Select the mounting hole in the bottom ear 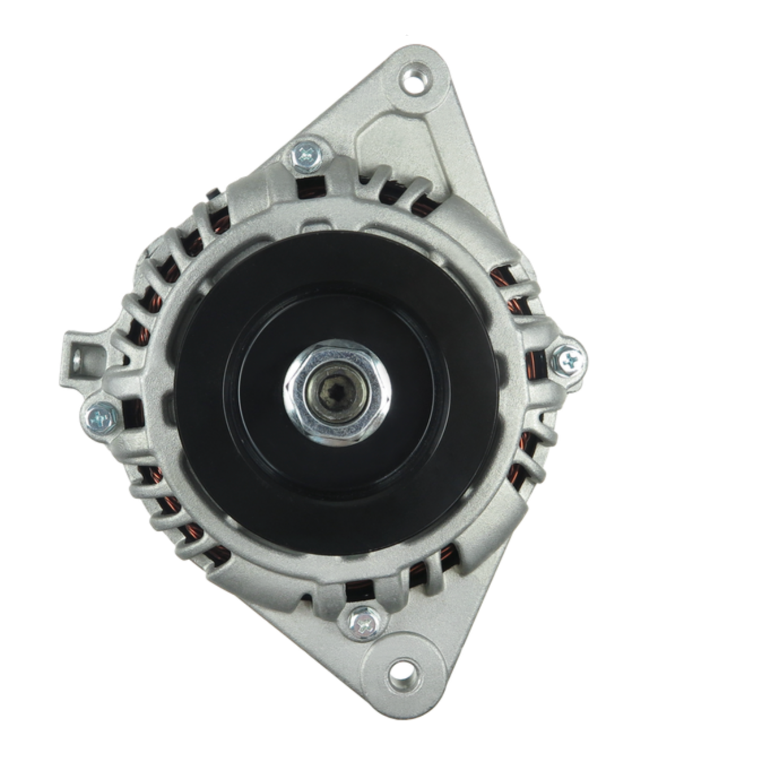click(x=402, y=675)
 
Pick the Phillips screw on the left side click(x=102, y=417)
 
